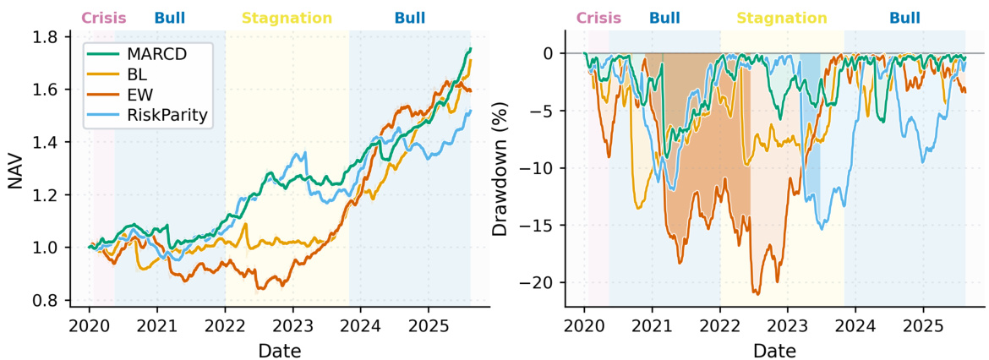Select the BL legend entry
pyautogui.click(x=135, y=75)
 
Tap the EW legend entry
pyautogui.click(x=137, y=95)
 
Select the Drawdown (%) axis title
pyautogui.click(x=502, y=169)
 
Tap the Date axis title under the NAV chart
pyautogui.click(x=280, y=349)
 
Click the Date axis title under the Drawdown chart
pyautogui.click(x=775, y=349)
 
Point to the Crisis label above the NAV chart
pyautogui.click(x=104, y=18)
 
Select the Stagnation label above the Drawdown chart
pyautogui.click(x=782, y=18)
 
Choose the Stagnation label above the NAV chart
pyautogui.click(x=287, y=18)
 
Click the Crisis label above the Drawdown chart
pyautogui.click(x=598, y=18)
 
